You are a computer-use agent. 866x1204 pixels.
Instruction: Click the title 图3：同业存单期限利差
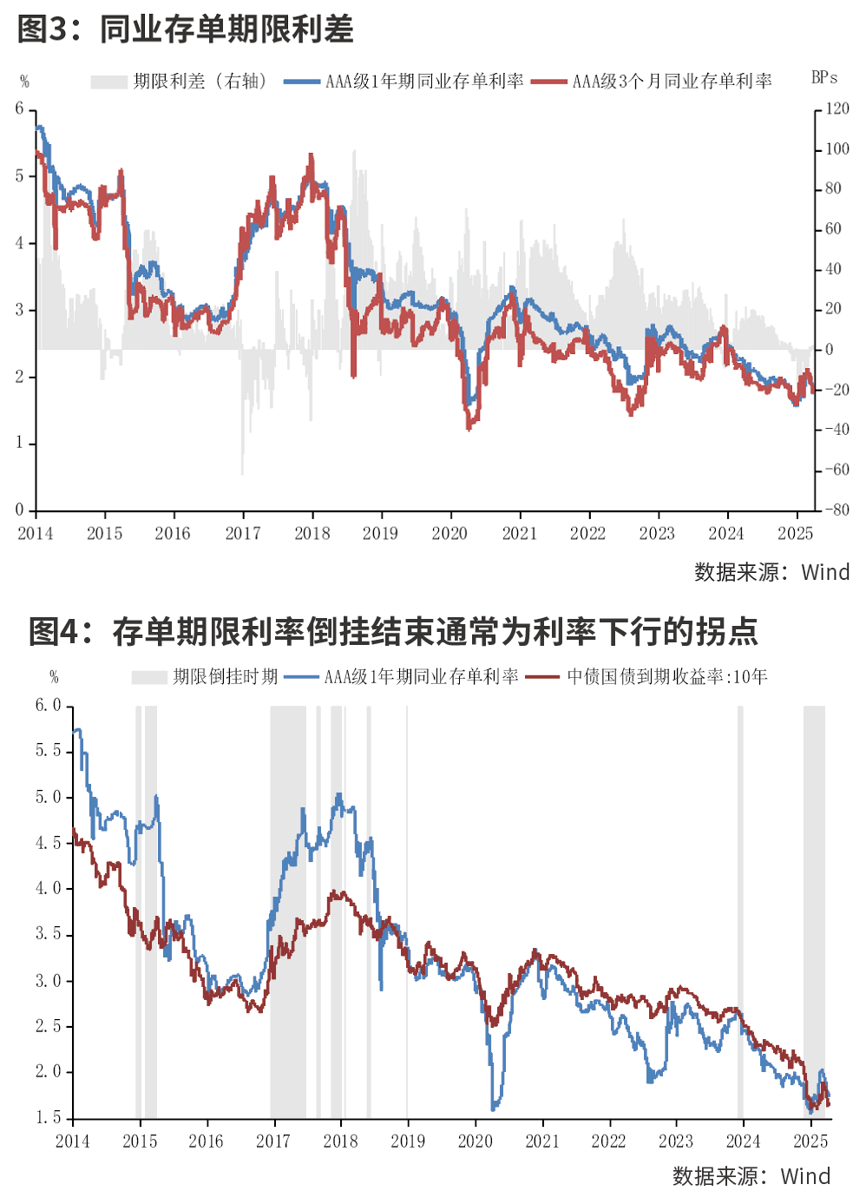point(185,30)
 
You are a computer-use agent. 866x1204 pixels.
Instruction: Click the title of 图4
point(393,631)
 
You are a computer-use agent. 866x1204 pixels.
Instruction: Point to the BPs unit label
point(824,78)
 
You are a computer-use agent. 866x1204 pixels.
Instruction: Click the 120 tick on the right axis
point(837,109)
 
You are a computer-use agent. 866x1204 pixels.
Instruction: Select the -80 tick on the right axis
point(837,510)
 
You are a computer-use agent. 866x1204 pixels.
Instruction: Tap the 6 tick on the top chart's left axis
point(20,109)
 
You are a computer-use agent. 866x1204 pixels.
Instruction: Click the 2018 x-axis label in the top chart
point(312,534)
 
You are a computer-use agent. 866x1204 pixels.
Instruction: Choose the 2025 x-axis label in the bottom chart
point(810,1141)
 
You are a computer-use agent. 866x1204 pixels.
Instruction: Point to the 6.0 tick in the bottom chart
point(49,706)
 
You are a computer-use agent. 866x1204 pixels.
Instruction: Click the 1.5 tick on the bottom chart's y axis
point(49,1118)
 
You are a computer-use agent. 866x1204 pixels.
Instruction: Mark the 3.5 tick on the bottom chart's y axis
point(49,935)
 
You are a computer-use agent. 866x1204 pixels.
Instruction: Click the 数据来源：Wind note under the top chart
point(771,573)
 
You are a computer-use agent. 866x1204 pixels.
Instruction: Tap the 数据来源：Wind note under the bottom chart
point(751,1177)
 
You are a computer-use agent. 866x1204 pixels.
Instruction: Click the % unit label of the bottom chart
point(54,677)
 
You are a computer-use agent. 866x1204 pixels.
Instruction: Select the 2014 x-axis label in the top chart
point(36,534)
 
